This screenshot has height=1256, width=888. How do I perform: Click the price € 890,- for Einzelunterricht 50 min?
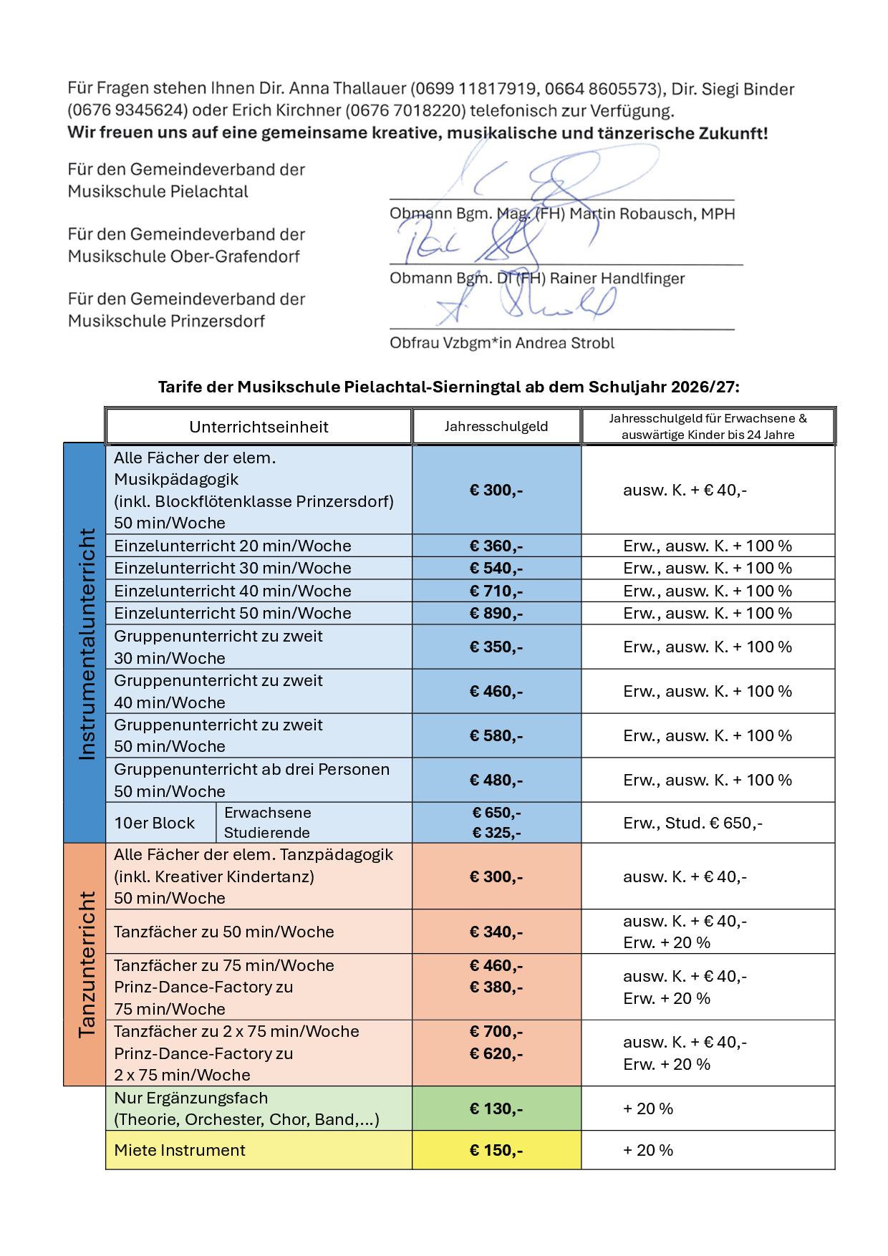pos(496,614)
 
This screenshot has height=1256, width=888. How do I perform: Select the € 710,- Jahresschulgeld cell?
pos(496,591)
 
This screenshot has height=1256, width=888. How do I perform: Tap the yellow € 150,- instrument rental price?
pos(496,1150)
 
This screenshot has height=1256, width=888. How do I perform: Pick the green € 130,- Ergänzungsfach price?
pos(496,1108)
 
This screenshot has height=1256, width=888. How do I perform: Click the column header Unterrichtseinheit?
pos(259,427)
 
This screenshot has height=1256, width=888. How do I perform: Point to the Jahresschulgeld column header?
pos(496,427)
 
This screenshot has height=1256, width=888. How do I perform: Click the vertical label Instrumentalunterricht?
pos(85,644)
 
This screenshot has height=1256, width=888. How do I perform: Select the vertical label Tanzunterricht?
pos(85,965)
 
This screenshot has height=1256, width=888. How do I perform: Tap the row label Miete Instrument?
pos(180,1150)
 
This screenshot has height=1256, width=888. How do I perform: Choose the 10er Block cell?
pos(155,823)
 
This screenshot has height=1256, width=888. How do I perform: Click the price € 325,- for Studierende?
pos(496,833)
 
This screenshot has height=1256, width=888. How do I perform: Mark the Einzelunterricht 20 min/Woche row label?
pos(233,546)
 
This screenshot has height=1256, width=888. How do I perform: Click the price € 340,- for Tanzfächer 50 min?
pos(496,932)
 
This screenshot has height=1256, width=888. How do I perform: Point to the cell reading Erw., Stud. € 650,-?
pos(692,823)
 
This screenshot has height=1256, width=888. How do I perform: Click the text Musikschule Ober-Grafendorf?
pos(184,256)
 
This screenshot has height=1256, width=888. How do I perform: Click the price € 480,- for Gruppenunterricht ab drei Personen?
pos(496,780)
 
